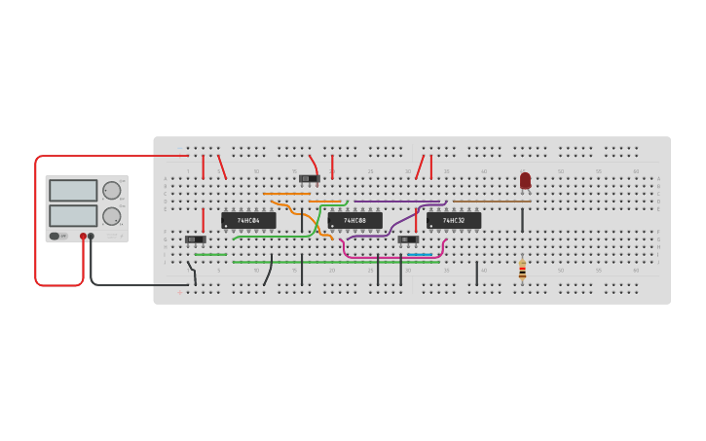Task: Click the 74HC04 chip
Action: click(x=248, y=221)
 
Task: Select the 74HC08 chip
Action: click(x=354, y=221)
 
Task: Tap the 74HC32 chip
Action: click(x=454, y=221)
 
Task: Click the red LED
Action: click(x=525, y=180)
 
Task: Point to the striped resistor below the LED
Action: click(x=522, y=270)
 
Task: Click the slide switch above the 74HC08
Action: click(x=310, y=178)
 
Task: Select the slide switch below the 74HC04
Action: click(x=195, y=239)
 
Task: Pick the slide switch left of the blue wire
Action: click(x=408, y=239)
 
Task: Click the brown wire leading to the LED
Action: click(x=492, y=202)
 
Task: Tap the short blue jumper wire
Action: click(x=420, y=255)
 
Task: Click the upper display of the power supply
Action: click(x=73, y=191)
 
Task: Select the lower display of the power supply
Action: click(x=73, y=215)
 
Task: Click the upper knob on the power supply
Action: click(x=112, y=191)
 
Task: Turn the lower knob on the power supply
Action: click(x=112, y=216)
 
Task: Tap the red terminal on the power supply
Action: click(x=83, y=236)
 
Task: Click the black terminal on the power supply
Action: click(x=92, y=236)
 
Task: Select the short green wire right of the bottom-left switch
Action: click(x=210, y=255)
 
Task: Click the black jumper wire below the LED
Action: click(x=522, y=220)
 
